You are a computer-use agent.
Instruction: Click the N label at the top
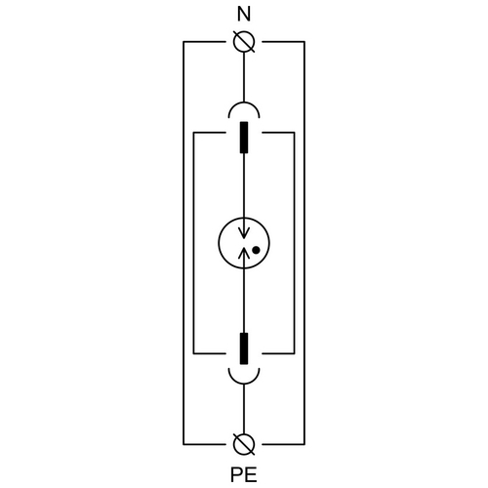click(x=244, y=15)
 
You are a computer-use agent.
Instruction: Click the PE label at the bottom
click(x=244, y=474)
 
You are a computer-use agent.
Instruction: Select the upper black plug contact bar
click(x=244, y=138)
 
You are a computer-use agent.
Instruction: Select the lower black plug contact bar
click(x=244, y=348)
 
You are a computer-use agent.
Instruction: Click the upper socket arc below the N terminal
click(x=244, y=103)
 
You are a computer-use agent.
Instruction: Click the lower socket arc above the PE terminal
click(x=244, y=383)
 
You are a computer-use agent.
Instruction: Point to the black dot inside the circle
click(x=256, y=250)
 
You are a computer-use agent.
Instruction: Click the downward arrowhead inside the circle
click(x=244, y=232)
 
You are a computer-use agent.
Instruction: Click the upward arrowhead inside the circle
click(x=244, y=253)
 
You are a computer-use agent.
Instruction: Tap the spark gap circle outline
click(x=219, y=243)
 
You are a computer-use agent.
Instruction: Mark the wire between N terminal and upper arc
click(x=244, y=77)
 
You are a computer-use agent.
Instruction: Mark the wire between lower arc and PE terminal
click(x=244, y=409)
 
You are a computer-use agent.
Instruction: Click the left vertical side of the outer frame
click(x=183, y=243)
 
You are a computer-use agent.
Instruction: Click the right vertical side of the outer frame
click(x=305, y=243)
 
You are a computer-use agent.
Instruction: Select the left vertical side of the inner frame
click(x=193, y=243)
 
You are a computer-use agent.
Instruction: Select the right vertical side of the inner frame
click(x=295, y=243)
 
